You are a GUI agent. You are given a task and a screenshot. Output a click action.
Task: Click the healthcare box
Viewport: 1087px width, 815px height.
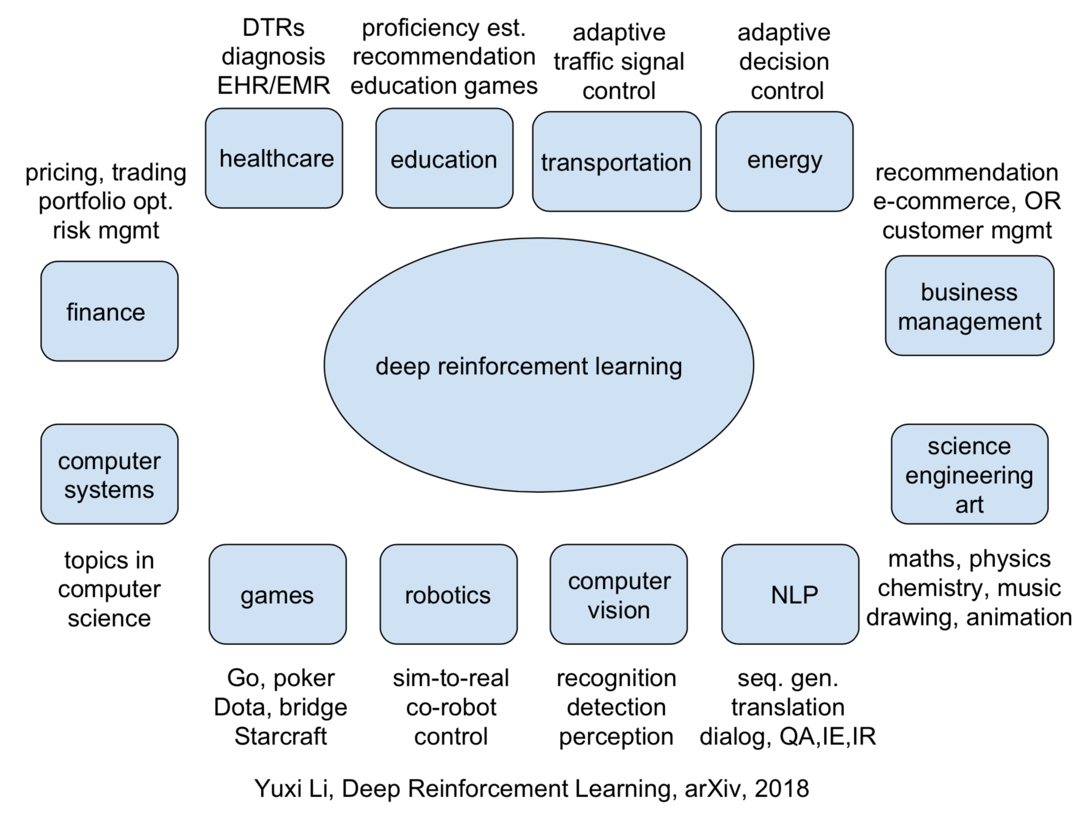[274, 158]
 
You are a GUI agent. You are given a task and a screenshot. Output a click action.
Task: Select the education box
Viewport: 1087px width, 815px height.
[444, 159]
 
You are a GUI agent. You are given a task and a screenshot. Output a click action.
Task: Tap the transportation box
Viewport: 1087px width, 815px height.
[616, 162]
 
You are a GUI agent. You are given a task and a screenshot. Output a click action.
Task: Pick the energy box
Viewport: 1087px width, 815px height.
[784, 161]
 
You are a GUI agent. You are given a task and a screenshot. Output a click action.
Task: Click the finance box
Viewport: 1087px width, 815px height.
[109, 312]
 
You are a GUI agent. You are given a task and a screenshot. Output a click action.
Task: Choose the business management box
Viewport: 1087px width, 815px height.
[969, 306]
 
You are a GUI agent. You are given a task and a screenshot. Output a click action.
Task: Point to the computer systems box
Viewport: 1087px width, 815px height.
[109, 475]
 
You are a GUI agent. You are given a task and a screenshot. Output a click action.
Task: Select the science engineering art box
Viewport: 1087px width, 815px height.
[969, 475]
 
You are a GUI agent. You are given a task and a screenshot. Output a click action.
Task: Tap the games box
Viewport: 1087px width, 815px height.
[277, 595]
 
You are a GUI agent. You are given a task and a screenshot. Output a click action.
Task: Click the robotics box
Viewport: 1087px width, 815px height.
[448, 595]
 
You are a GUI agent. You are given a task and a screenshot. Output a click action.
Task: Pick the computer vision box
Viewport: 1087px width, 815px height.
[619, 595]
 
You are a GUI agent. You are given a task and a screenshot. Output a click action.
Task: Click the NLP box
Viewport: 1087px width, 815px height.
[790, 595]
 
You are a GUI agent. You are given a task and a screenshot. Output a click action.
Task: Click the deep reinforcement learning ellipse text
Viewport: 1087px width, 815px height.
[529, 366]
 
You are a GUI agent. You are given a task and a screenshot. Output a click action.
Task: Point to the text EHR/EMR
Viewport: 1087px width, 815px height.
[273, 86]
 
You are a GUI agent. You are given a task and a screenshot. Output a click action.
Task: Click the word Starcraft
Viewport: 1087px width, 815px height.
[280, 736]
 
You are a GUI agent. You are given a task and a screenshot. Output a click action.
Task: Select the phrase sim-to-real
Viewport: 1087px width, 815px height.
[451, 678]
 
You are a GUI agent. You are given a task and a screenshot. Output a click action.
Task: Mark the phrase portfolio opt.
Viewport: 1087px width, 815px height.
[106, 201]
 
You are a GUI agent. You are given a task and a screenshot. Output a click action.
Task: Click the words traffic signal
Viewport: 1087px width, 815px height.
[619, 61]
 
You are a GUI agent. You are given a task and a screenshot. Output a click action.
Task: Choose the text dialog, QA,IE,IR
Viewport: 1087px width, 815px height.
[788, 736]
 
